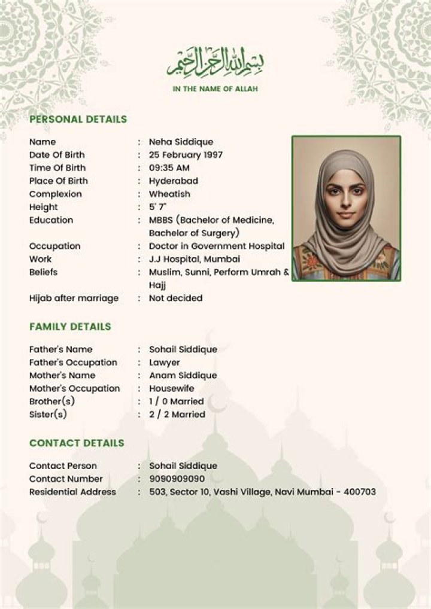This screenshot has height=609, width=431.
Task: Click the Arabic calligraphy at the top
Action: click(215, 63)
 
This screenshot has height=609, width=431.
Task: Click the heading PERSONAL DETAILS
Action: click(78, 119)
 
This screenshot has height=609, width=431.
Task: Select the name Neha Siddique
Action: click(181, 142)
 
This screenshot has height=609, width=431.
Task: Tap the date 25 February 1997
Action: click(186, 155)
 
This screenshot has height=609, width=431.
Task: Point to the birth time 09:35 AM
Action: click(169, 168)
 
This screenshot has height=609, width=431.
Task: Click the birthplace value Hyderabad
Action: click(174, 181)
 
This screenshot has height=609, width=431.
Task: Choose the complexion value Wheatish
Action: click(169, 194)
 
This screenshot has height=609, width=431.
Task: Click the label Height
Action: click(44, 207)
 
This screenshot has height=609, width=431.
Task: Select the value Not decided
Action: click(175, 298)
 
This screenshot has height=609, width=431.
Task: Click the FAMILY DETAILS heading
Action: click(70, 327)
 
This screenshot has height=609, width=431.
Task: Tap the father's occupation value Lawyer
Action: click(165, 363)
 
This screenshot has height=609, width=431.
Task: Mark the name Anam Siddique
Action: click(183, 376)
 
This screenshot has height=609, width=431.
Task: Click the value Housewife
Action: click(172, 389)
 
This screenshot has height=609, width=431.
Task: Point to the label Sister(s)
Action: click(48, 415)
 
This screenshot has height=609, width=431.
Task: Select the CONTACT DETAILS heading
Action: click(77, 443)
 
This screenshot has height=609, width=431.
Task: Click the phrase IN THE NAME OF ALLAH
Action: click(215, 89)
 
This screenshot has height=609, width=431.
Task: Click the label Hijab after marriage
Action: click(74, 298)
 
